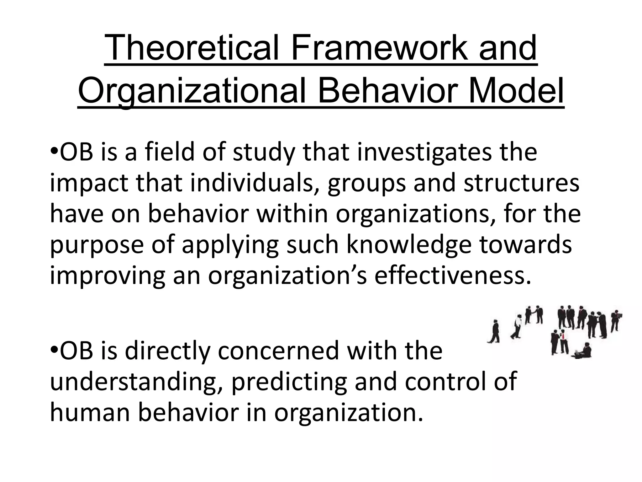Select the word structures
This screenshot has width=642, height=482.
[521, 184]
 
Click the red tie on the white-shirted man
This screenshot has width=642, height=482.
[563, 336]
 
